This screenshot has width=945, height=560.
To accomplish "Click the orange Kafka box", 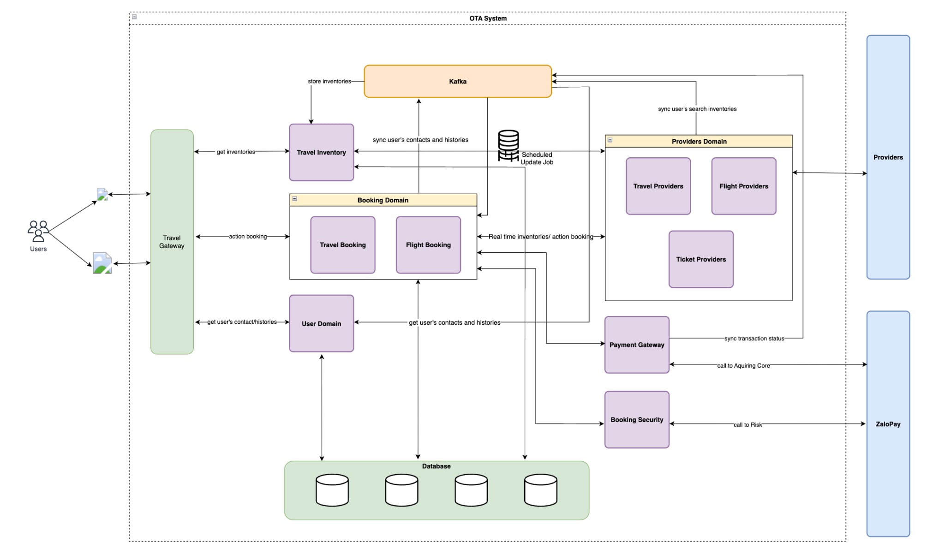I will click(x=457, y=81).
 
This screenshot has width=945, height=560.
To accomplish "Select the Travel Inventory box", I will click(x=321, y=152).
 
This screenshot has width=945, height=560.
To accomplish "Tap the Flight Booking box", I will click(x=428, y=245).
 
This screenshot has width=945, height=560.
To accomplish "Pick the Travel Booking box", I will click(x=342, y=245).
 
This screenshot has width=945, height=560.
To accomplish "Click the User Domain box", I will click(x=321, y=323).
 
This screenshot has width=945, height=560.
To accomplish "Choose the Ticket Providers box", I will click(x=700, y=259).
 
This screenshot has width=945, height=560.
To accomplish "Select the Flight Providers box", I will click(x=743, y=186).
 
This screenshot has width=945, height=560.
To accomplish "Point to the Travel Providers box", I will click(x=658, y=186).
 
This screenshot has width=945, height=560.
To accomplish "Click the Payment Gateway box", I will click(x=637, y=345).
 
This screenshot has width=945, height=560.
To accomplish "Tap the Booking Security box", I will click(x=637, y=419).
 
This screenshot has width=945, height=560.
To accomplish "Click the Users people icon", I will click(x=38, y=231).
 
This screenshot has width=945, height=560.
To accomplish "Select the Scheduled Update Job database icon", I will click(x=508, y=145).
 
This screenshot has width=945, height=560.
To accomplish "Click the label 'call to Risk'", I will click(x=748, y=425).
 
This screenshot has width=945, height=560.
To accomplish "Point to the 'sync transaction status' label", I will click(x=754, y=339).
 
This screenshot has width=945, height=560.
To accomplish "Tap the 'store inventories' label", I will click(x=329, y=81).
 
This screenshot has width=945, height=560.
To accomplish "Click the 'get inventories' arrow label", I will click(x=236, y=152).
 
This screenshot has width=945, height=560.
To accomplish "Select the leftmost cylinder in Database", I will click(x=332, y=490).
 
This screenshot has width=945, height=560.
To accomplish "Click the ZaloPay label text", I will click(x=888, y=424).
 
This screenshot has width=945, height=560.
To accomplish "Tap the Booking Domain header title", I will click(x=383, y=200).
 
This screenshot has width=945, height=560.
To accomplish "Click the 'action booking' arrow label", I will click(x=248, y=236).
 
